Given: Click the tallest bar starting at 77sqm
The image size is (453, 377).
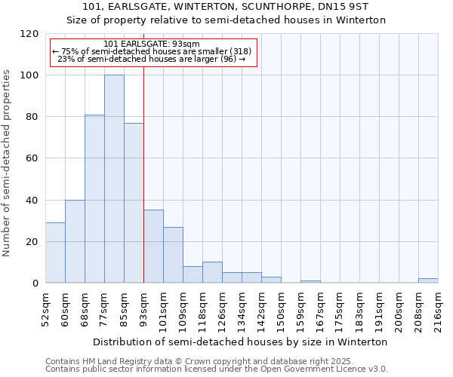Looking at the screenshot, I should click(x=114, y=179).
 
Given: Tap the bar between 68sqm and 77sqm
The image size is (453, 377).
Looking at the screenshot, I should click(x=94, y=199).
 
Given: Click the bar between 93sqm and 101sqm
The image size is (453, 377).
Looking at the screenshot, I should click(x=153, y=247).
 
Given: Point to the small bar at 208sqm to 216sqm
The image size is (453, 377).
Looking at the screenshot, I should click(x=428, y=280).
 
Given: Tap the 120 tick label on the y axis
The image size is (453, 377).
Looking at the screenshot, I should click(x=29, y=34).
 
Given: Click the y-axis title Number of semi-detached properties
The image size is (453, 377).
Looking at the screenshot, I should click(x=8, y=158).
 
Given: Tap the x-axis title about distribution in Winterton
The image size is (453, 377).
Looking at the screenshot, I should click(x=242, y=342).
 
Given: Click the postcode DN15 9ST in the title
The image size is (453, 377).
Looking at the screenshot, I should click(x=349, y=8).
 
